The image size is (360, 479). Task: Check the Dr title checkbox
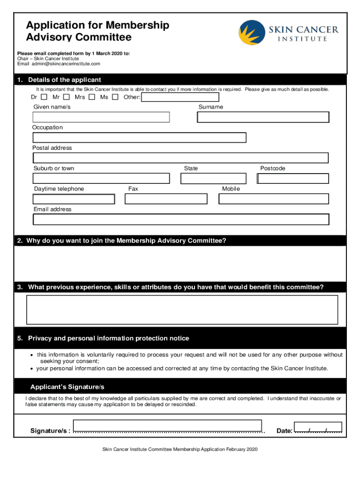pos(44,97)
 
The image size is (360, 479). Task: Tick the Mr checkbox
pos(66,97)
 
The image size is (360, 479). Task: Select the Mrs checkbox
pos(92,97)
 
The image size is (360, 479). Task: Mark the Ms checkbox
pos(115,97)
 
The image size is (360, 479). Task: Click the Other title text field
pos(180,97)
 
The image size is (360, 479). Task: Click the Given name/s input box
pos(101,117)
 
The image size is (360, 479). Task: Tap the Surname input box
pos(263,117)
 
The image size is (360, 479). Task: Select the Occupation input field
pos(139,138)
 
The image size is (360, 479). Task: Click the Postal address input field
pos(180,158)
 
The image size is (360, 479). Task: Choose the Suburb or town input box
pos(101,178)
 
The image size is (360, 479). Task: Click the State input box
pos(213,178)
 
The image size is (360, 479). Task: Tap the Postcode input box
pos(293,178)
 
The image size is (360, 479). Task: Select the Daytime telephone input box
pos(73,199)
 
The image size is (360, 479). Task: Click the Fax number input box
pos(166,199)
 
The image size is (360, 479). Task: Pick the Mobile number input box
pos(274,199)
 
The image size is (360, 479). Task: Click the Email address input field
pos(180,219)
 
